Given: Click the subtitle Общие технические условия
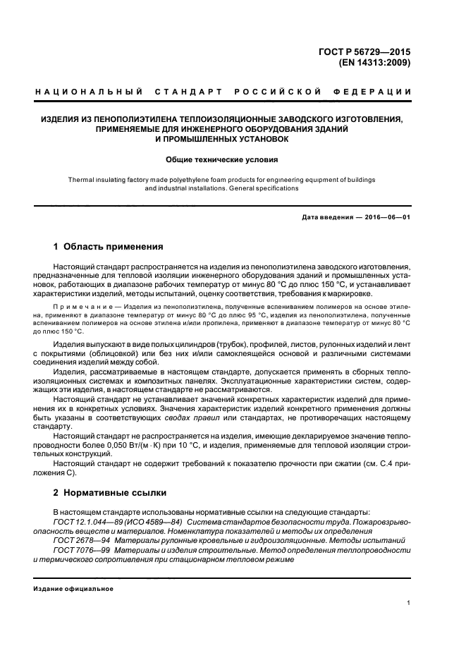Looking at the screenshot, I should coord(221,159).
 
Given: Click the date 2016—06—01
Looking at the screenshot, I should coord(386,216).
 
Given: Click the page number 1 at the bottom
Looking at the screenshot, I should coord(409,604).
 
